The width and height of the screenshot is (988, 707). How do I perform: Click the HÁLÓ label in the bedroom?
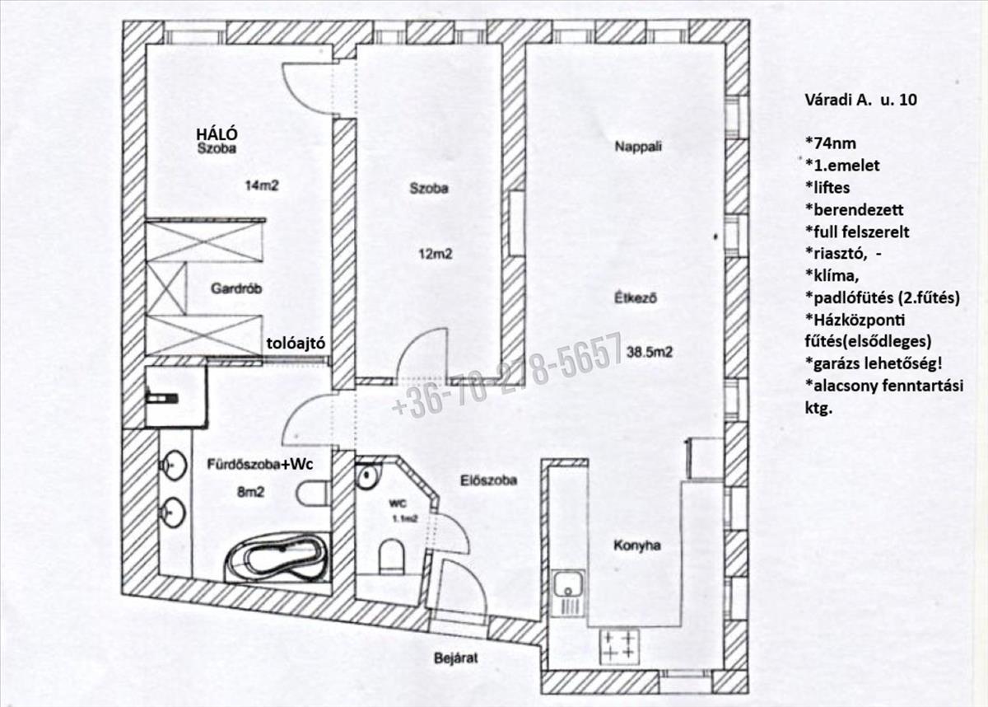[x=217, y=134]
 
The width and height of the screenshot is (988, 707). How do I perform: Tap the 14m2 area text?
[x=262, y=185]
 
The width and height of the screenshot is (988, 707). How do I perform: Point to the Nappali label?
[x=639, y=147]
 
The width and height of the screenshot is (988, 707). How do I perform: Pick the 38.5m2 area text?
[x=650, y=352]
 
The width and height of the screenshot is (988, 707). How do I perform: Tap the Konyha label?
[x=636, y=545]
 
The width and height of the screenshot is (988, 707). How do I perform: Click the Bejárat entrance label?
[x=457, y=658]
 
